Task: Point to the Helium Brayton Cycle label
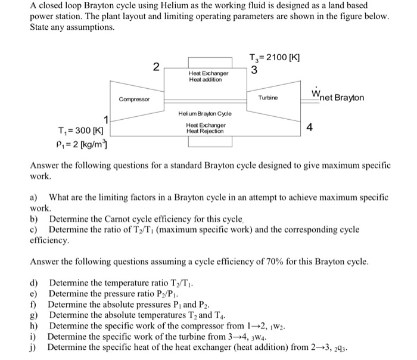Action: coord(206,113)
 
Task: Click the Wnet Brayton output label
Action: coord(337,97)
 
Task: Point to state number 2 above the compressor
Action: coord(155,66)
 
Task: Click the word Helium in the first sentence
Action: coord(157,5)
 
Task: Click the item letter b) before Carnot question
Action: coord(35,221)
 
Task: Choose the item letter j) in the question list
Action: coord(34,346)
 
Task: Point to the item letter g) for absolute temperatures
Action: coord(35,314)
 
